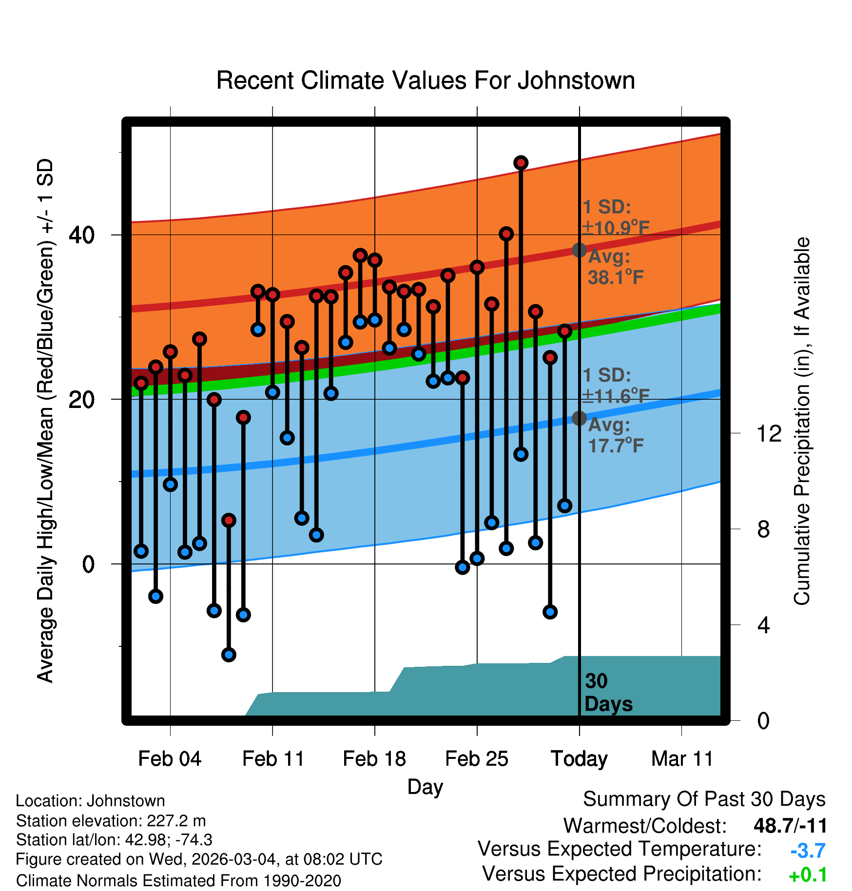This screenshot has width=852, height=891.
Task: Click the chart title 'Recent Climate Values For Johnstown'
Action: coord(426,80)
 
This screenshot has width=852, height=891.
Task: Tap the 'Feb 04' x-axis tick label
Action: coord(170,759)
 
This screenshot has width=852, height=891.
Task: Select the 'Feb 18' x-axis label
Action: coord(374,759)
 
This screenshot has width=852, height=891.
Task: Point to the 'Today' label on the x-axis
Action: coord(579,759)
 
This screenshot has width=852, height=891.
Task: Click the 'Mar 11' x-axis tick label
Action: coord(682,759)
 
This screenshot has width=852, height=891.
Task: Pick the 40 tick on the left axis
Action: coord(82,235)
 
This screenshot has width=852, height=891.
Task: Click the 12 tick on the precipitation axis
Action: coord(769,433)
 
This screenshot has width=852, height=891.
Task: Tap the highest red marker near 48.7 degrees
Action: coord(521,163)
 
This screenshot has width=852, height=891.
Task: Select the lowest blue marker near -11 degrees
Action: coord(229,655)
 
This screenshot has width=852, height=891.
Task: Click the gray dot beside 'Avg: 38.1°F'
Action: coord(579,250)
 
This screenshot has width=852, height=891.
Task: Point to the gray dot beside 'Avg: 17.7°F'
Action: coord(579,418)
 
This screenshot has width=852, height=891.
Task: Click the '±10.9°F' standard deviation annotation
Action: coord(616,228)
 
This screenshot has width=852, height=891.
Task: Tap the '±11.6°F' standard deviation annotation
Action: coord(616,396)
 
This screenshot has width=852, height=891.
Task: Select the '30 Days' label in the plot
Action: coord(608,693)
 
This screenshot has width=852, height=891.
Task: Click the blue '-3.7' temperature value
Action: coord(808,851)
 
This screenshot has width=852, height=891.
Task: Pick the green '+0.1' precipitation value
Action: coord(808,875)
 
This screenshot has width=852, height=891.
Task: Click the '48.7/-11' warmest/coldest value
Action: coord(790,826)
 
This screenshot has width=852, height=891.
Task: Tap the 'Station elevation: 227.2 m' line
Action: coord(111,821)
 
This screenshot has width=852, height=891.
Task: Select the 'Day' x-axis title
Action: coord(425,787)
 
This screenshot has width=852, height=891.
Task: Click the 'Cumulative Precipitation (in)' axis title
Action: coord(802,422)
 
